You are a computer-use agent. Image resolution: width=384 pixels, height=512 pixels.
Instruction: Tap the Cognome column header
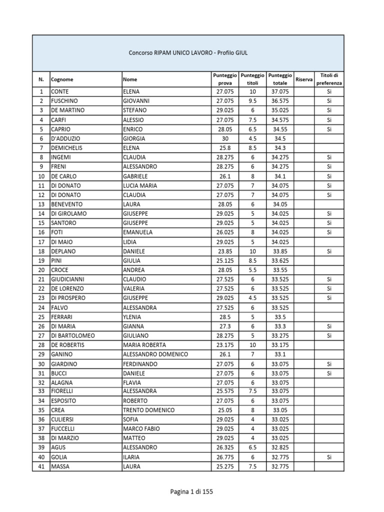(62, 79)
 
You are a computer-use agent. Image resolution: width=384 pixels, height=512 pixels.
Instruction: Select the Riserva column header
(304, 79)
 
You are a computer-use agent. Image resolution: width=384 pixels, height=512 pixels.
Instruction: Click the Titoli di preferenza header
(329, 79)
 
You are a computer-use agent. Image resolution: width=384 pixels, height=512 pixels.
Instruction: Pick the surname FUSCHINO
(64, 100)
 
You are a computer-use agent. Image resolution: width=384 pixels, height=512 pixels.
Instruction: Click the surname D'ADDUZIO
(65, 138)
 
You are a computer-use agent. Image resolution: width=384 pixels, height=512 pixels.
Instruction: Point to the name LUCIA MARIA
(140, 185)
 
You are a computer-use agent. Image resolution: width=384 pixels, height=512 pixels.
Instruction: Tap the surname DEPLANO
(63, 251)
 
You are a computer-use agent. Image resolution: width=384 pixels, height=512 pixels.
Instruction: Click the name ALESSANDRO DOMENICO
(155, 354)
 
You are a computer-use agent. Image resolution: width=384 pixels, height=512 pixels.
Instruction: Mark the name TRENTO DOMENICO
(148, 410)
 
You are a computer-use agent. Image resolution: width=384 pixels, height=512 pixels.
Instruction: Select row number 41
(41, 466)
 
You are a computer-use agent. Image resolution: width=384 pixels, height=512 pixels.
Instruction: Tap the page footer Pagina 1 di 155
(192, 492)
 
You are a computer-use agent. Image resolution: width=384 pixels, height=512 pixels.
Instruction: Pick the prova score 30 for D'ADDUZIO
(224, 138)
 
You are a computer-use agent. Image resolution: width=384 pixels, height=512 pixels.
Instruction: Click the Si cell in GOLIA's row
(329, 457)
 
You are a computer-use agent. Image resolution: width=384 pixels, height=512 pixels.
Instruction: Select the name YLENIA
(132, 317)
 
